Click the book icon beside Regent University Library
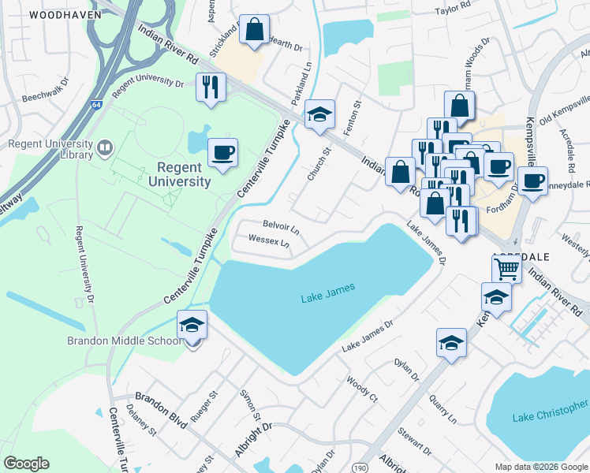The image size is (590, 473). (x=104, y=147)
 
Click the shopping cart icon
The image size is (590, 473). (x=506, y=269)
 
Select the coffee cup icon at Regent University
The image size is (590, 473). (x=222, y=151)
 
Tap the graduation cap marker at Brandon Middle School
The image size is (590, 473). (x=192, y=325)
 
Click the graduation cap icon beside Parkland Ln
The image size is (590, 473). (x=320, y=114)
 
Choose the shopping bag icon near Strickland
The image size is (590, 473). (x=256, y=31)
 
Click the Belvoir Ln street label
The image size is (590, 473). (x=281, y=228)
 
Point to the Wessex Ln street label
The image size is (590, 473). (x=269, y=240)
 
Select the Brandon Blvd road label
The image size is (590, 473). (x=161, y=410)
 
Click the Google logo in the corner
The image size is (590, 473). (x=26, y=463)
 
